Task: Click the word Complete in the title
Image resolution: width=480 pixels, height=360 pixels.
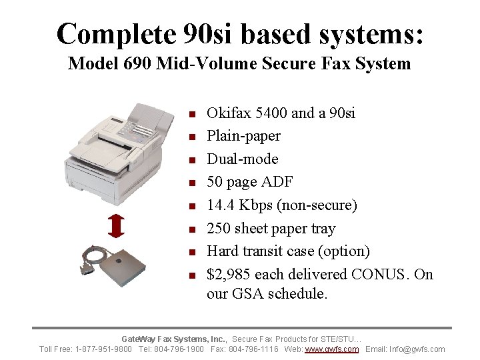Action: coord(107,33)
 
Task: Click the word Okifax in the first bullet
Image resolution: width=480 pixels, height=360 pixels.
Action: coord(228,113)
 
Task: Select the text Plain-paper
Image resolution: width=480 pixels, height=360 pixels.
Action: coord(243,136)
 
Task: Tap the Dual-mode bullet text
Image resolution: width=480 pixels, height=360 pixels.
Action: coord(243,159)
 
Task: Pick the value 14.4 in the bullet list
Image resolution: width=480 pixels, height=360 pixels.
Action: coord(220,205)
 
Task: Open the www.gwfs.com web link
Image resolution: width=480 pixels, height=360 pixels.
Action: coord(331,349)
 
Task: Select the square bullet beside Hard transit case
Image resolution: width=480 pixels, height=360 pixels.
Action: coord(191,252)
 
